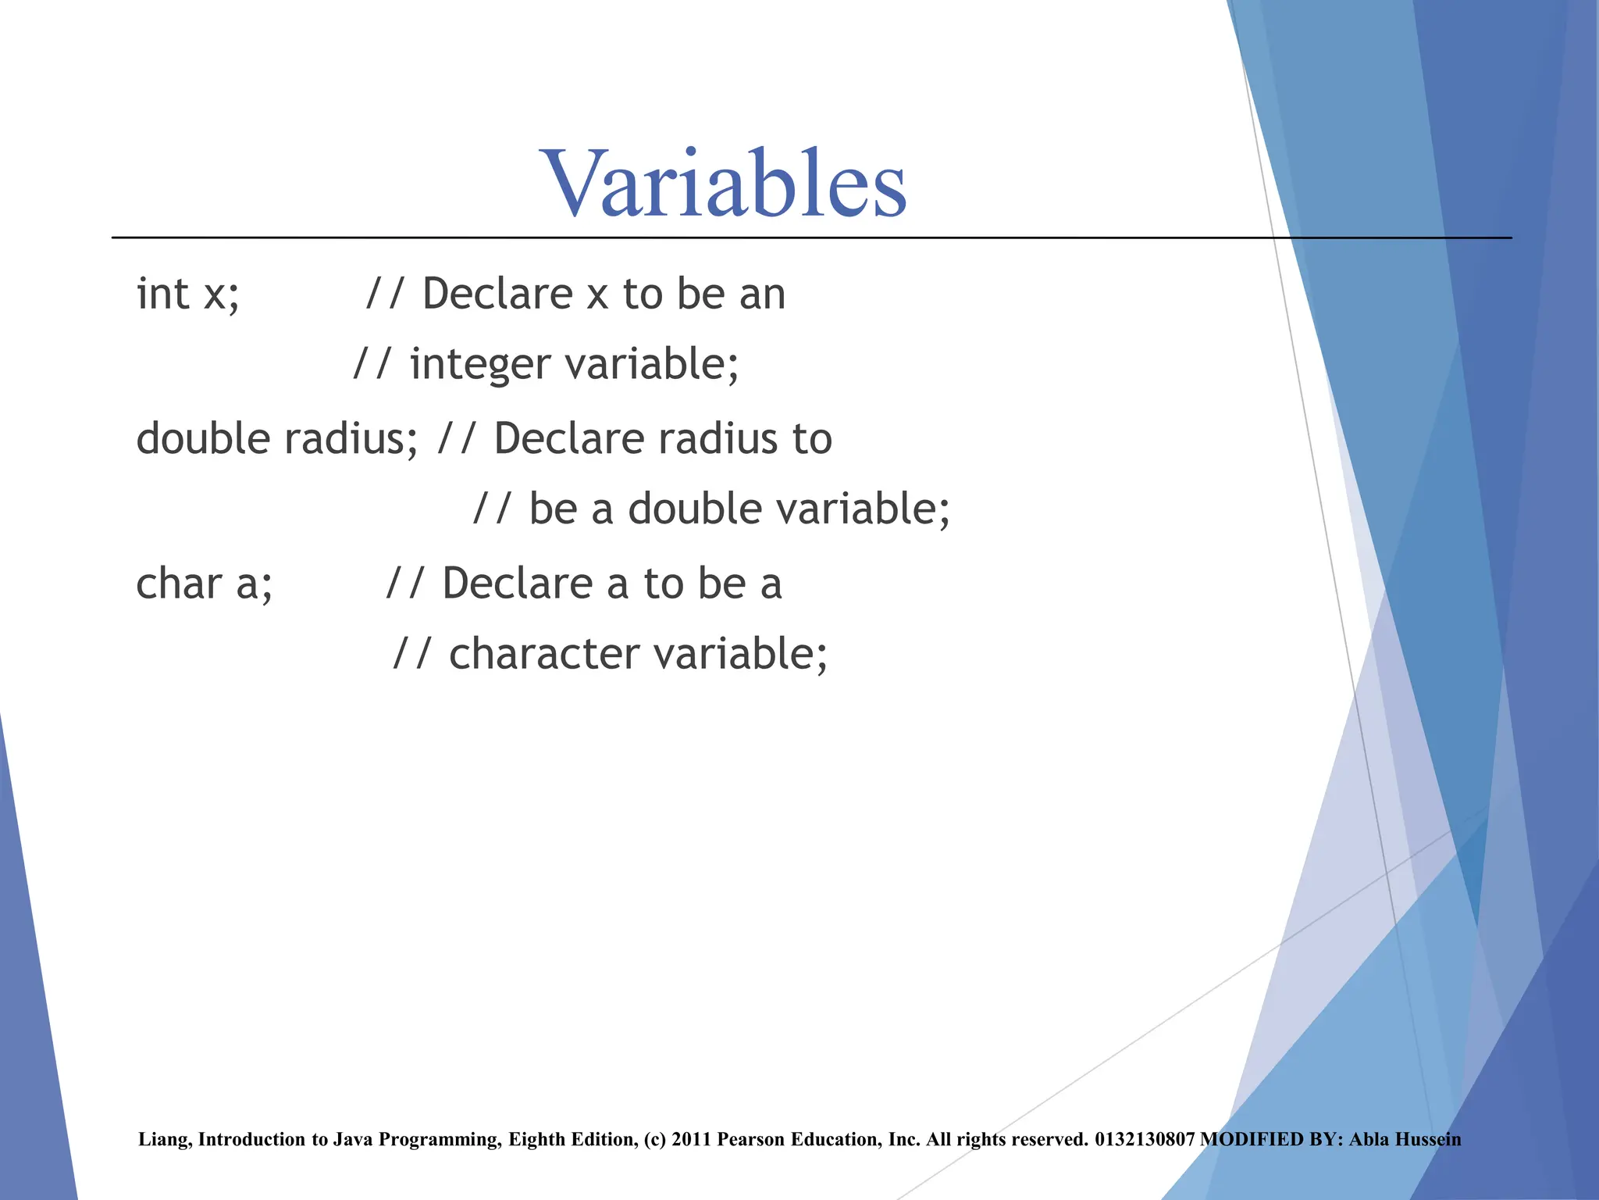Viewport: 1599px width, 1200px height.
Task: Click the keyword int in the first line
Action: click(162, 294)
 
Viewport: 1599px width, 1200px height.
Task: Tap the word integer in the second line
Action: click(479, 365)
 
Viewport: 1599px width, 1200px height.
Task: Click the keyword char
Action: click(179, 584)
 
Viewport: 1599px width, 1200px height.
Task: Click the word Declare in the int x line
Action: click(497, 294)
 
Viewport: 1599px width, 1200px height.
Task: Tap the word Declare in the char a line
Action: click(518, 584)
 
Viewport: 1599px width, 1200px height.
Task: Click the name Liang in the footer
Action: click(163, 1140)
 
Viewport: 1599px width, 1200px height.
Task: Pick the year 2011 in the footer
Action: click(690, 1140)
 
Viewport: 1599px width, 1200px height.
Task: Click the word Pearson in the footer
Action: click(750, 1140)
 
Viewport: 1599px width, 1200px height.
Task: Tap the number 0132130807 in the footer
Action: click(1145, 1140)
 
